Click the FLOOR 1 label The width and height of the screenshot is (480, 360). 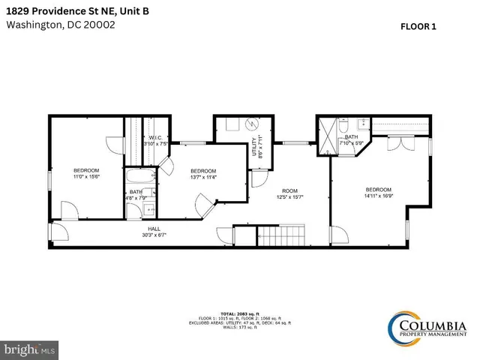point(418,25)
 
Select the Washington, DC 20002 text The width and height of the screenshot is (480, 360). point(61,24)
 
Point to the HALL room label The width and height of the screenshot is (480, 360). point(154,231)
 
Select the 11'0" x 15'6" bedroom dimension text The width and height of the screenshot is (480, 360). point(86,177)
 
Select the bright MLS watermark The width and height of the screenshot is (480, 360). point(29,350)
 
